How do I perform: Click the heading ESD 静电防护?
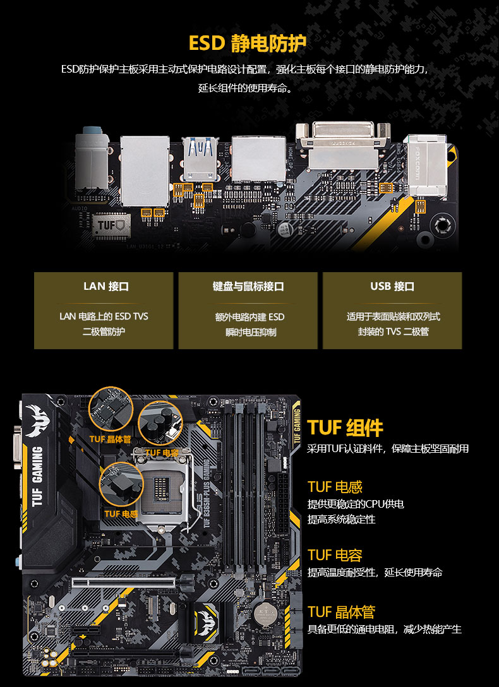click(248, 43)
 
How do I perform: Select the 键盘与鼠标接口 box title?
click(248, 287)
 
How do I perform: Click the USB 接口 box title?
click(392, 287)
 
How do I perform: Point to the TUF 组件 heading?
click(346, 427)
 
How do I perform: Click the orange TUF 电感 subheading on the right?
click(335, 487)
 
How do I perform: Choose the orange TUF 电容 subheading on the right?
click(335, 555)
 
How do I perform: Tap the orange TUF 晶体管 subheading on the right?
click(341, 611)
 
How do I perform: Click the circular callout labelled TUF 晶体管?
click(111, 409)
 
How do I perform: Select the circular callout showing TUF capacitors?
click(160, 422)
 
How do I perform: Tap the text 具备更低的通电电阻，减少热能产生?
click(384, 629)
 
